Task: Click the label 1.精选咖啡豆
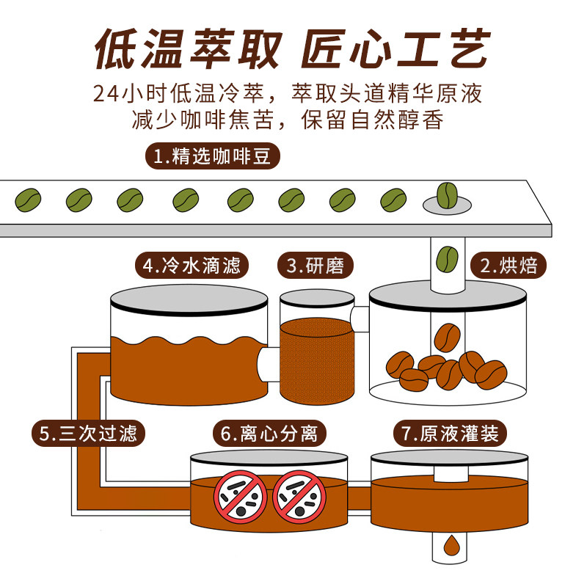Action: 211,156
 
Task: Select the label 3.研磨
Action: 316,265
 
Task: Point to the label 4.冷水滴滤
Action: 192,265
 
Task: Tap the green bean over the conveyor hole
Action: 446,194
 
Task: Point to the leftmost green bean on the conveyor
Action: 29,198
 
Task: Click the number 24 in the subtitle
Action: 108,95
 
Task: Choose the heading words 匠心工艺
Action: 396,50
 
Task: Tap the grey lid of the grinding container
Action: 317,298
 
